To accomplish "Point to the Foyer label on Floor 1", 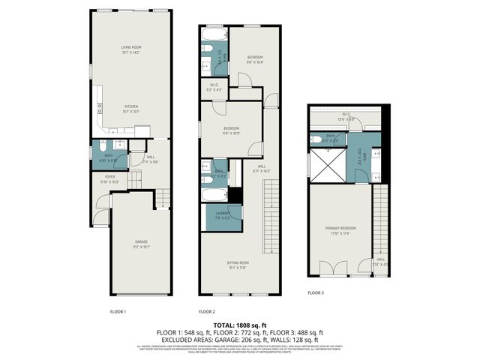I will pos(109,179).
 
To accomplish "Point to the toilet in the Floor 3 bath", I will pos(316,139).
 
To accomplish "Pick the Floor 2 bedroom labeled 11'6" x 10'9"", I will pos(231,130).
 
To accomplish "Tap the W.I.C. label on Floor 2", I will pos(214,87).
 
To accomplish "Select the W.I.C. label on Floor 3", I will pos(346,116).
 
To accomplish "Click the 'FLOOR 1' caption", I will pos(118,311).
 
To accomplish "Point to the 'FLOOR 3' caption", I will pos(316,293).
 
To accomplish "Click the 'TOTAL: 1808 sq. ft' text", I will pos(239,325).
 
